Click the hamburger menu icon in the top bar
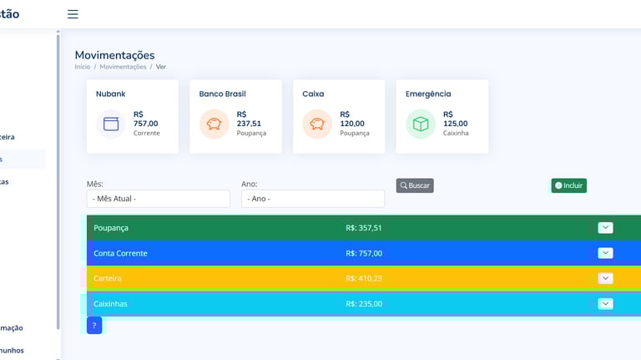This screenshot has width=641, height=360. (x=73, y=14)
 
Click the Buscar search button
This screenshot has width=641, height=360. (x=415, y=185)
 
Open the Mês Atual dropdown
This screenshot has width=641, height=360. (x=158, y=199)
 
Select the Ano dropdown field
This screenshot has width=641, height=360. (x=312, y=199)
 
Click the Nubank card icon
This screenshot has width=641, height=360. (x=111, y=124)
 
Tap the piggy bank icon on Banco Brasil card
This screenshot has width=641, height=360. (x=215, y=124)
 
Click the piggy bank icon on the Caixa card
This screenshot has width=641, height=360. (x=317, y=124)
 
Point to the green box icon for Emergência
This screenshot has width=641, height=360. (x=421, y=124)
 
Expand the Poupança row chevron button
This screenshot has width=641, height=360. (x=606, y=228)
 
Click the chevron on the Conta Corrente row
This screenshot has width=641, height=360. (x=606, y=253)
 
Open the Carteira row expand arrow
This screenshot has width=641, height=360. (x=606, y=278)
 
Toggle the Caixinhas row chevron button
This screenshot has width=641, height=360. (x=606, y=304)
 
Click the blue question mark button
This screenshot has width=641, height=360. (x=94, y=326)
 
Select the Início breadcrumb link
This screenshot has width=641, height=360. (x=83, y=67)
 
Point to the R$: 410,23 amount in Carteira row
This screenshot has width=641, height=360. (x=364, y=279)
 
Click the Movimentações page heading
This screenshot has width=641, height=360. (x=114, y=55)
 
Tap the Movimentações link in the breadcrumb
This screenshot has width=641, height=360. (x=123, y=67)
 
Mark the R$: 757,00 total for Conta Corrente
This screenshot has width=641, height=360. (x=364, y=253)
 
